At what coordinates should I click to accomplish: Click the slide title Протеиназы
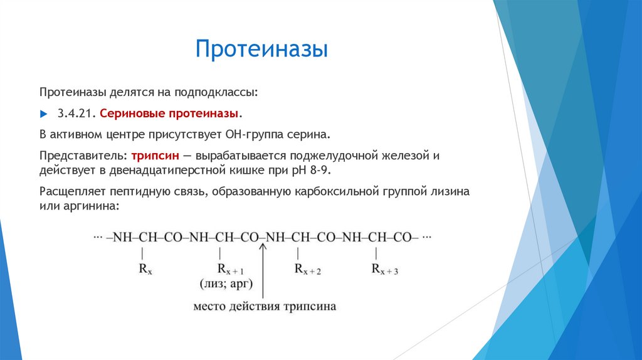tap(261, 48)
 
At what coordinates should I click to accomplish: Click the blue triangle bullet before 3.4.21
tap(43, 114)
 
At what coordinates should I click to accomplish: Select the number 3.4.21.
tap(75, 114)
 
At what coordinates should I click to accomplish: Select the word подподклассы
tap(217, 93)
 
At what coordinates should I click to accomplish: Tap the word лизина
tap(450, 191)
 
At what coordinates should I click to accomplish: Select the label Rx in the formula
tap(145, 269)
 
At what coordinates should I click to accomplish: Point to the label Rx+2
tap(307, 269)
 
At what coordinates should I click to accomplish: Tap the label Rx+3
tap(384, 269)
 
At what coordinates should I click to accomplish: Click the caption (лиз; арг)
tap(226, 285)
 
